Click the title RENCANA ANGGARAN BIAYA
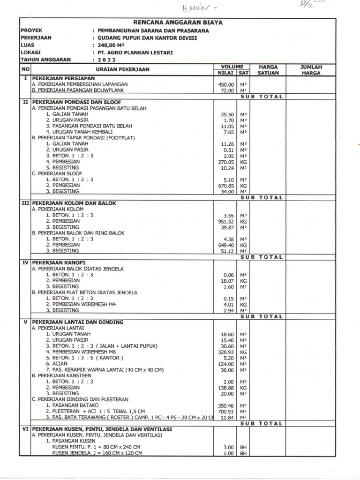(x=178, y=22)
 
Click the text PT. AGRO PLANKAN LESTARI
(x=133, y=53)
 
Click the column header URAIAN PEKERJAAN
(x=122, y=69)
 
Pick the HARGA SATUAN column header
(x=269, y=70)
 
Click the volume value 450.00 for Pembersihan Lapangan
(x=226, y=84)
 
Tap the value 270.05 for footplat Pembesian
(x=225, y=162)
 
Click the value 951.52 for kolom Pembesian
(x=225, y=221)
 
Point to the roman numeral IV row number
(x=25, y=262)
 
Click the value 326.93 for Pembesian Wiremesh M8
(x=225, y=352)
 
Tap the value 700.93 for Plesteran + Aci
(x=225, y=411)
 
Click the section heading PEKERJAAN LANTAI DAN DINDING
(x=77, y=322)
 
